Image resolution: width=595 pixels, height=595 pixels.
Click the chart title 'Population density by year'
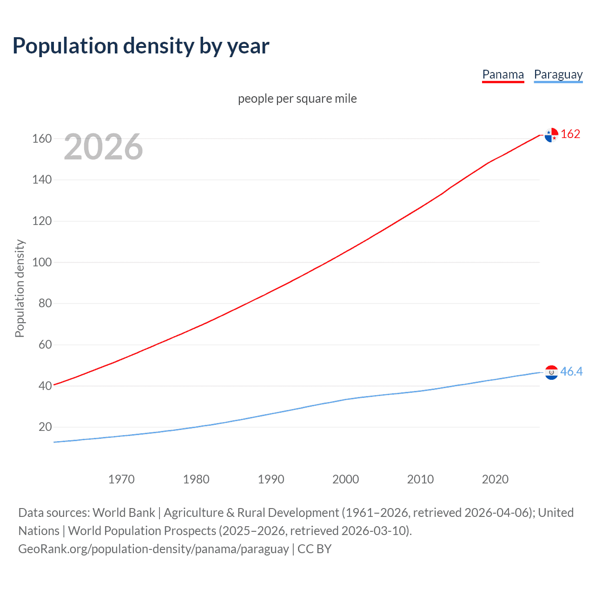141,46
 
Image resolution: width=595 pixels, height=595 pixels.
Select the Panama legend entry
503,74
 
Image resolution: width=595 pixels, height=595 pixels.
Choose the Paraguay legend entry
558,74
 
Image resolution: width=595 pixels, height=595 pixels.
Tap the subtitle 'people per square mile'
297,99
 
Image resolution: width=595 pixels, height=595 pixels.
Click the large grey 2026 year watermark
103,147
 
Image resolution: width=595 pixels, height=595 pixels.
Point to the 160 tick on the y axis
42,139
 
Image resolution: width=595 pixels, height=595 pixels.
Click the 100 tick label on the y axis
42,262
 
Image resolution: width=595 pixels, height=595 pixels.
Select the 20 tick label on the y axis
45,427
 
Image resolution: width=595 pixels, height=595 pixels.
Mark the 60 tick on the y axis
45,344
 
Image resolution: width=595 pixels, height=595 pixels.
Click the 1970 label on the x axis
121,479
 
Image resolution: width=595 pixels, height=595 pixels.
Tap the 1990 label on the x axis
271,479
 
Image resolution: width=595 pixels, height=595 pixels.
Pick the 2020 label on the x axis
495,479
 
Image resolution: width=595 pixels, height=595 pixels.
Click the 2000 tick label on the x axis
345,479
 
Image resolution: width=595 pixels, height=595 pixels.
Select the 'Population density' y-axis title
20,288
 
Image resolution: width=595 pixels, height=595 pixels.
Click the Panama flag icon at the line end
551,135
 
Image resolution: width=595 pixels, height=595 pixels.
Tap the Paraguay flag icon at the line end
551,372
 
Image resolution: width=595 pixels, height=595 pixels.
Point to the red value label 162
570,134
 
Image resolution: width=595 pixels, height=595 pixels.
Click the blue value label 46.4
571,371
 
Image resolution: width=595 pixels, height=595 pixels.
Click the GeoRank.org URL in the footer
153,549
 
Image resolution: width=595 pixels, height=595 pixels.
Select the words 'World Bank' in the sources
124,513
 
